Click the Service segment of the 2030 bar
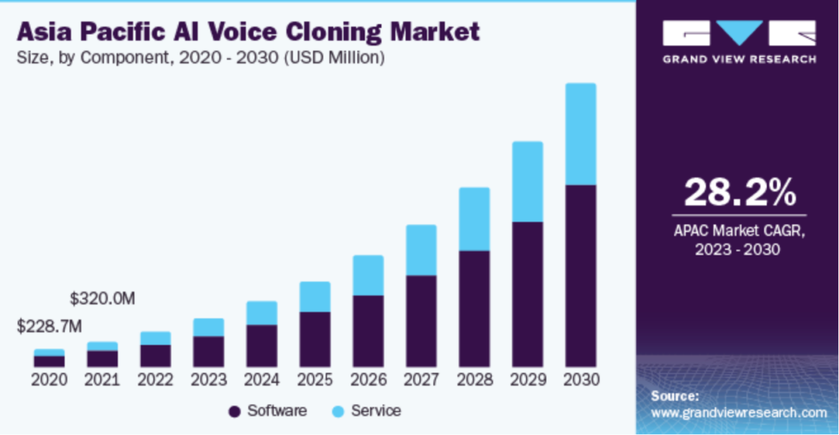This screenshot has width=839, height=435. (x=580, y=134)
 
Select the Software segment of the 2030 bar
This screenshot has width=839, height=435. (x=580, y=276)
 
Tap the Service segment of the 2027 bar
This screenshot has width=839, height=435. (x=421, y=250)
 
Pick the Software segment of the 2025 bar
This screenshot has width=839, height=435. (x=315, y=339)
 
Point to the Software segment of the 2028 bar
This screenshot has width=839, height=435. (x=474, y=308)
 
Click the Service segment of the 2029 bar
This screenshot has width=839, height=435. (x=527, y=182)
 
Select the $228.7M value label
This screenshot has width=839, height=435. (x=49, y=327)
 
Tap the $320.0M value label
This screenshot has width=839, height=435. (x=103, y=298)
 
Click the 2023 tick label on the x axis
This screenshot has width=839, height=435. (x=208, y=381)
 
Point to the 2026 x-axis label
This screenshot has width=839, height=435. (x=368, y=381)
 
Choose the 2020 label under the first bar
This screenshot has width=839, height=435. (x=49, y=381)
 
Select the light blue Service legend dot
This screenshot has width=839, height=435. (x=337, y=411)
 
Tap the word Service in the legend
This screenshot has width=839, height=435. (x=376, y=411)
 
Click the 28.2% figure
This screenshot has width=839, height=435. (x=739, y=192)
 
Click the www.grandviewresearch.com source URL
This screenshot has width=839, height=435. (x=738, y=412)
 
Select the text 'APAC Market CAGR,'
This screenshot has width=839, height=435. (x=739, y=231)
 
